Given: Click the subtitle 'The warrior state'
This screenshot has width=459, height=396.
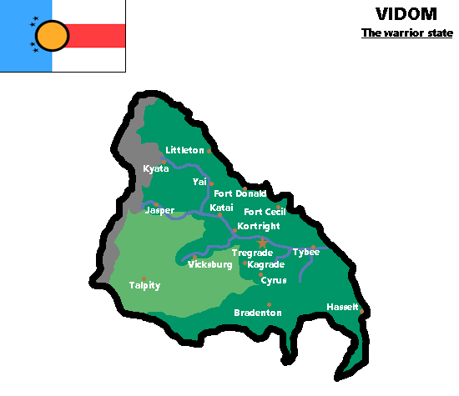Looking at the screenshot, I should pyautogui.click(x=406, y=34).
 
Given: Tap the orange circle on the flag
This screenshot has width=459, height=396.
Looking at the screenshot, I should pyautogui.click(x=53, y=35).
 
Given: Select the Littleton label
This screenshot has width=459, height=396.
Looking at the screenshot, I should pyautogui.click(x=184, y=150).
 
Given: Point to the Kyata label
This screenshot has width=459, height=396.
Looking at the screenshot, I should pyautogui.click(x=156, y=168).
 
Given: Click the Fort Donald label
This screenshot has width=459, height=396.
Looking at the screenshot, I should pyautogui.click(x=240, y=193).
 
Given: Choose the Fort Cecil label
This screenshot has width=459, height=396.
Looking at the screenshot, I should pyautogui.click(x=265, y=212).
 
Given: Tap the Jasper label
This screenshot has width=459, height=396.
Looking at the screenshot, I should pyautogui.click(x=159, y=210).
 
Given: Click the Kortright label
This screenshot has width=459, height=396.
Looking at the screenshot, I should pyautogui.click(x=258, y=226).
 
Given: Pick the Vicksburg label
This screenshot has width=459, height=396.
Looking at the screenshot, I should pyautogui.click(x=209, y=264).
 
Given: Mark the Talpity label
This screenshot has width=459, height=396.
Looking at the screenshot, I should pyautogui.click(x=144, y=285).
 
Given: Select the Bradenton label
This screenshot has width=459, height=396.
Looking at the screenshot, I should pyautogui.click(x=258, y=313).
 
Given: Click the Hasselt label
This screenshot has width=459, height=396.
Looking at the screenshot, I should pyautogui.click(x=342, y=307).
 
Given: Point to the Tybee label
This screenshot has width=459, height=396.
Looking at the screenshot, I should pyautogui.click(x=306, y=252).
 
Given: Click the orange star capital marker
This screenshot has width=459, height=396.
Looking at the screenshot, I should pyautogui.click(x=262, y=243).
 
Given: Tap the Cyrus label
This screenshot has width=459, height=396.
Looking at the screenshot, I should pyautogui.click(x=274, y=280).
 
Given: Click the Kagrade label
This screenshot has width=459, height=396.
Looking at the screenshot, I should pyautogui.click(x=266, y=264).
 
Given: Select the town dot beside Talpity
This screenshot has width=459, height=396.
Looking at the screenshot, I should pyautogui.click(x=144, y=278).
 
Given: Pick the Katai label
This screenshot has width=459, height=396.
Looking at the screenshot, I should pyautogui.click(x=222, y=208).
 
